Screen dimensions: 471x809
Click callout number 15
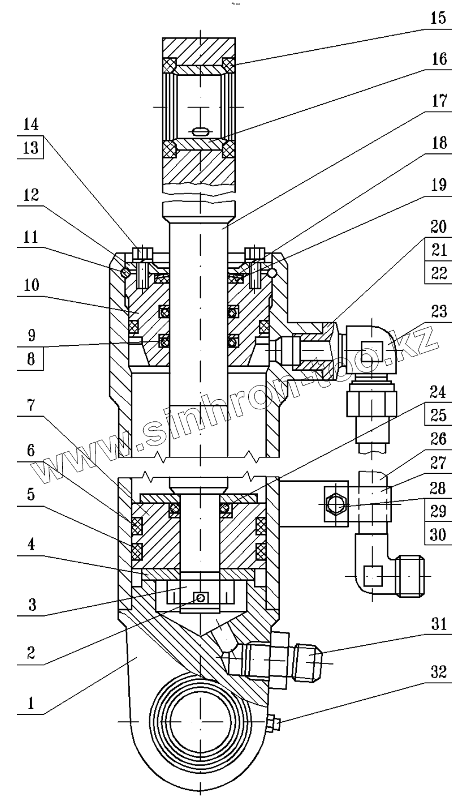point(438,18)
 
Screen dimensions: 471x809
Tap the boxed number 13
point(31,147)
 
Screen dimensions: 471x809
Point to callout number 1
point(31,703)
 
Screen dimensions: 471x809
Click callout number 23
point(439,311)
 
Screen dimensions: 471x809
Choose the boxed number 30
point(438,535)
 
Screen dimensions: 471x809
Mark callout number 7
point(31,405)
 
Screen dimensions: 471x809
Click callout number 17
point(439,101)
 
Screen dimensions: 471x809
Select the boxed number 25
point(438,416)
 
